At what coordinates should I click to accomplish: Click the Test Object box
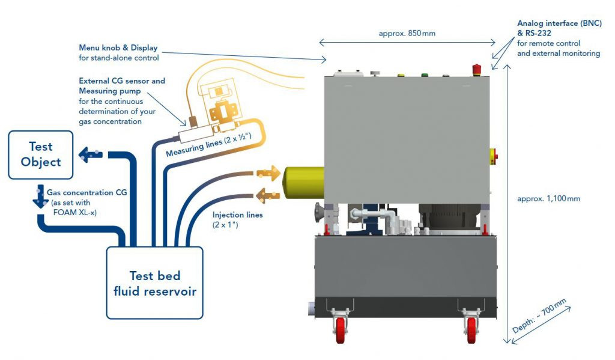[x=41, y=154]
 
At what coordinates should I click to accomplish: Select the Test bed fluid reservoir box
[x=154, y=282]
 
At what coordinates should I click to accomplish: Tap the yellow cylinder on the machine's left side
[x=303, y=183]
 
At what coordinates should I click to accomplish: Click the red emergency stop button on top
[x=476, y=70]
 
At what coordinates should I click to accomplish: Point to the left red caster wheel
[x=341, y=330]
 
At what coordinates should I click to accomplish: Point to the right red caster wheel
[x=471, y=330]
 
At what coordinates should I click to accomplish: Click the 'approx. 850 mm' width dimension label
[x=407, y=34]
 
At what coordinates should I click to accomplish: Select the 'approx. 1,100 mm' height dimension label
[x=548, y=199]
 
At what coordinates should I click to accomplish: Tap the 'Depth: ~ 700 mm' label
[x=539, y=316]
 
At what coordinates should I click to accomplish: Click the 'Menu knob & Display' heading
[x=118, y=48]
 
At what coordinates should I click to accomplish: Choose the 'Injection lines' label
[x=237, y=215]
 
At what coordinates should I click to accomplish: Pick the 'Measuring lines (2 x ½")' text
[x=208, y=145]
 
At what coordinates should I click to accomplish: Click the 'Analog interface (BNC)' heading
[x=559, y=23]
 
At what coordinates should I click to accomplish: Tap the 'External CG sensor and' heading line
[x=122, y=81]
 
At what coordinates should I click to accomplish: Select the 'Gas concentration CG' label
[x=86, y=192]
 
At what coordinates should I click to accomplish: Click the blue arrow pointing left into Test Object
[x=91, y=154]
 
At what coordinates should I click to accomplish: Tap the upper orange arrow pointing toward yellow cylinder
[x=268, y=172]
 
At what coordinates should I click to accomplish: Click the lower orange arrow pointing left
[x=267, y=195]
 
